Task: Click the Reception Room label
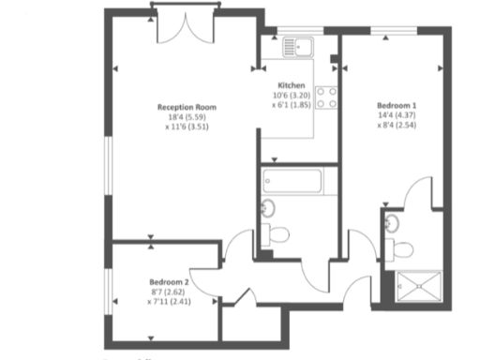(x=182, y=107)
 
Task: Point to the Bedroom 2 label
(x=170, y=281)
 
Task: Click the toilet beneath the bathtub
(x=276, y=234)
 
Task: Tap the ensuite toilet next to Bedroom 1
(x=402, y=249)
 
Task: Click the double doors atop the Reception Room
(x=178, y=24)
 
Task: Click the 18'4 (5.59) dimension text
(x=182, y=116)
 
